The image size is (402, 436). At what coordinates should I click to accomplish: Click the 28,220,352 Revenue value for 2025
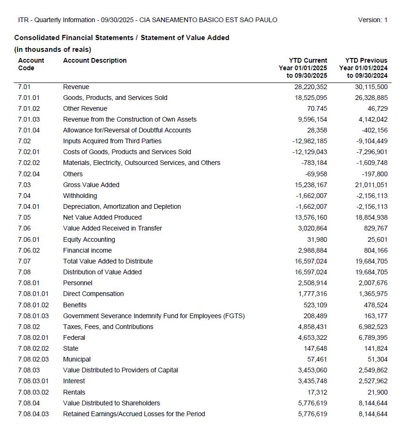[x=307, y=87]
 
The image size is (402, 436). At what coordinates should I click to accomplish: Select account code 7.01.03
[x=29, y=119]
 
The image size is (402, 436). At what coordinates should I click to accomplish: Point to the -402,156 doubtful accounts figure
[x=371, y=130]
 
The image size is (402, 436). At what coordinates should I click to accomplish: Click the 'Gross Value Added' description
[x=91, y=185]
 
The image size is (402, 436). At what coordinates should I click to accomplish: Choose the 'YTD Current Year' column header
[x=303, y=68]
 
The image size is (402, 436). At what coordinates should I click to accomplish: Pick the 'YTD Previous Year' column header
[x=363, y=68]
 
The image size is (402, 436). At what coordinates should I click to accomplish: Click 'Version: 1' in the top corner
[x=372, y=20]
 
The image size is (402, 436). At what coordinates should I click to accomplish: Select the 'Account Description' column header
[x=95, y=60]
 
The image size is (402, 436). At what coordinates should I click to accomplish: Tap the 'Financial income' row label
[x=87, y=250]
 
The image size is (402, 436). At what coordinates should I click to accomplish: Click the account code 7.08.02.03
[x=33, y=359]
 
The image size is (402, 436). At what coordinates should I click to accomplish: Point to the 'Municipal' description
[x=77, y=359]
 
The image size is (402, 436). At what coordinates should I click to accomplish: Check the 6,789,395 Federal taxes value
[x=371, y=337]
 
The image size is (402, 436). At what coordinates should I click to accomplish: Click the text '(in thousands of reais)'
[x=53, y=49]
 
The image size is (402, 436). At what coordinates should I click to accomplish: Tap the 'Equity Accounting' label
[x=89, y=239]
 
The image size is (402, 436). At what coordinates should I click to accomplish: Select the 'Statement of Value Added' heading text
[x=185, y=38]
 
